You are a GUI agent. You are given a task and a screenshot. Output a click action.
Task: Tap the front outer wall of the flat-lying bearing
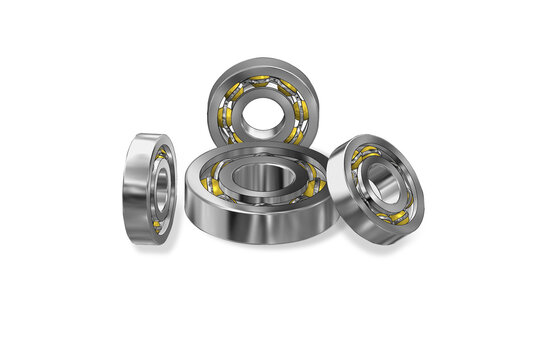click(x=255, y=225)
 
